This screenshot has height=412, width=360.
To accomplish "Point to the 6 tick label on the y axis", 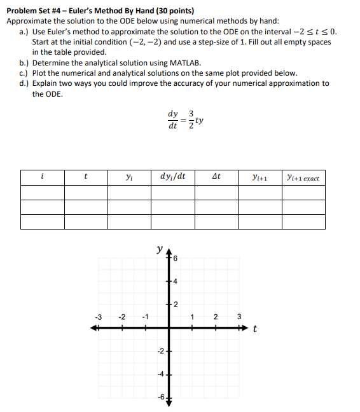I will [176, 257].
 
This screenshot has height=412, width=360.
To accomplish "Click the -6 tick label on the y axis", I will [161, 397].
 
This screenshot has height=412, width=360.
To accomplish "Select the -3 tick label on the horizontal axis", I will [99, 317].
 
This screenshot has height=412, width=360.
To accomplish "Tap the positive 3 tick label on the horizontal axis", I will [239, 317].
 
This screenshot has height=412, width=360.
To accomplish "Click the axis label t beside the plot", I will [255, 329].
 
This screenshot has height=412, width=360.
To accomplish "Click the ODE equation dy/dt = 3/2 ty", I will [185, 120].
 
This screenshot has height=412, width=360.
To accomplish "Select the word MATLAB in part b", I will [186, 63].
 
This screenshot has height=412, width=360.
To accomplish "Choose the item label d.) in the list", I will [25, 83].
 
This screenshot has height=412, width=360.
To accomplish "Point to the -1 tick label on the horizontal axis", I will [146, 317].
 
